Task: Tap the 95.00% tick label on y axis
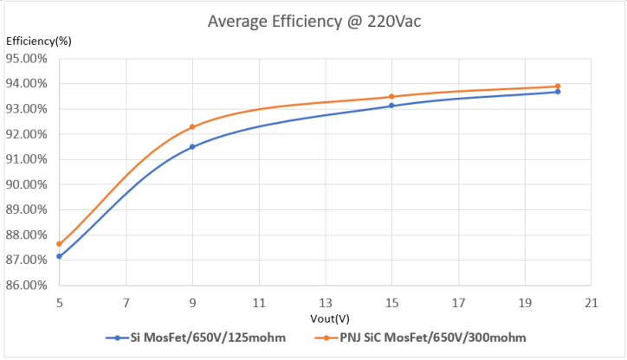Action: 27,59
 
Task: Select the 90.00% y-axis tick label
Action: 27,184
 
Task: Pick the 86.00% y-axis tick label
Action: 27,285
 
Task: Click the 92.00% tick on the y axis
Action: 27,134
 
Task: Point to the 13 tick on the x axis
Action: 325,304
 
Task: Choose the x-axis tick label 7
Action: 126,304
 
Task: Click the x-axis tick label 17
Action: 458,304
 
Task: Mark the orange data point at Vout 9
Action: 192,127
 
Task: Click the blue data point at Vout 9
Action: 192,147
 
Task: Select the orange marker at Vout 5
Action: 59,244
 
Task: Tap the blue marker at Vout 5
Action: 59,256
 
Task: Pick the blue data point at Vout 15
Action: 391,106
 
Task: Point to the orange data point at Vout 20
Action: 558,87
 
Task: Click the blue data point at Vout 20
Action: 558,92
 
